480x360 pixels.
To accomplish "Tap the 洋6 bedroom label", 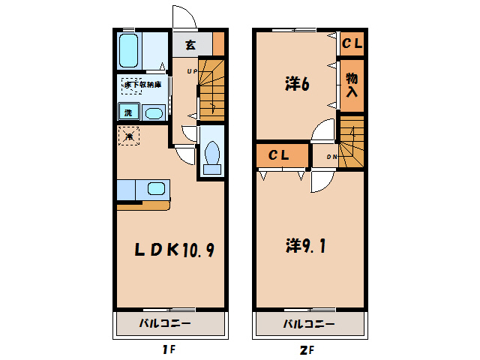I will point(298,85).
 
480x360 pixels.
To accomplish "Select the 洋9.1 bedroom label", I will point(305,245).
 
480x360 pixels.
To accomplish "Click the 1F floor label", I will point(169,349).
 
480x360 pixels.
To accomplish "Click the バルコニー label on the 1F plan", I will point(165,325).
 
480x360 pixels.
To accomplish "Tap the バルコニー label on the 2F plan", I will point(308,325).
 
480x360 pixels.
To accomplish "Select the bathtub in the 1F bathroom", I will point(129,49).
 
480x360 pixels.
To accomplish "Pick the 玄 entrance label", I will point(190,45).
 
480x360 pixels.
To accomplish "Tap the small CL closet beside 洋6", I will point(352,44).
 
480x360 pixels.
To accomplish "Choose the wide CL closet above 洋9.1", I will point(280,156).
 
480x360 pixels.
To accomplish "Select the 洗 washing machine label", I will point(127,113).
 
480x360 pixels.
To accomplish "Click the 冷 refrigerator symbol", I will point(128,136).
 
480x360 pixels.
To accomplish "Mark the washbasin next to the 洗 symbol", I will point(153,114).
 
